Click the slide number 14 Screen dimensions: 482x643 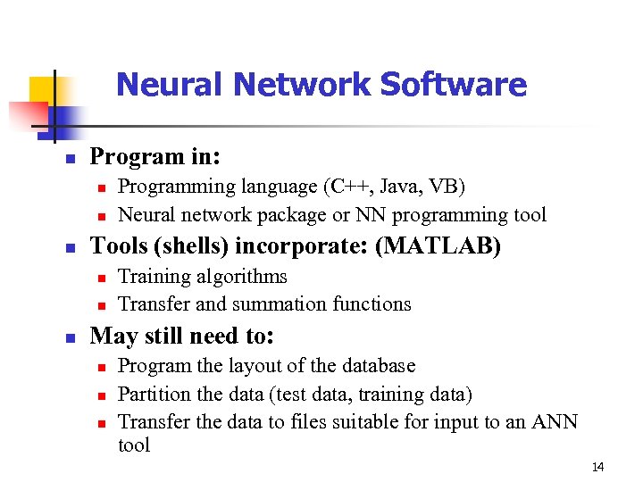click(597, 467)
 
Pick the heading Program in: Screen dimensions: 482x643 click(155, 156)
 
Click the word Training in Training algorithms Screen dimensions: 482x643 click(153, 277)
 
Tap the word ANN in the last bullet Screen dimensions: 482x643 click(555, 421)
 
